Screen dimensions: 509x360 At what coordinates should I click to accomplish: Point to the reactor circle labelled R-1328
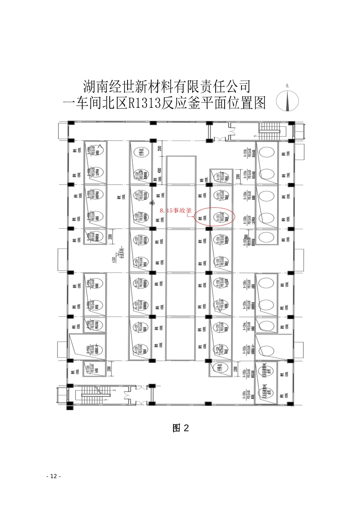[x=141, y=175]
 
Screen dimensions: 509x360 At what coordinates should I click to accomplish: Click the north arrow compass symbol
[x=287, y=101]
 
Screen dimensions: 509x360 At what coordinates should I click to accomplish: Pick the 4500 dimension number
[x=159, y=171]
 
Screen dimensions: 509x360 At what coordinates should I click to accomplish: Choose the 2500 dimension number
[x=159, y=148]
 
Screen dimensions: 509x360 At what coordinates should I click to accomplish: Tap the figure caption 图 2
[x=181, y=428]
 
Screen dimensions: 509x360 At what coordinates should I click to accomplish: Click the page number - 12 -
[x=54, y=476]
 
